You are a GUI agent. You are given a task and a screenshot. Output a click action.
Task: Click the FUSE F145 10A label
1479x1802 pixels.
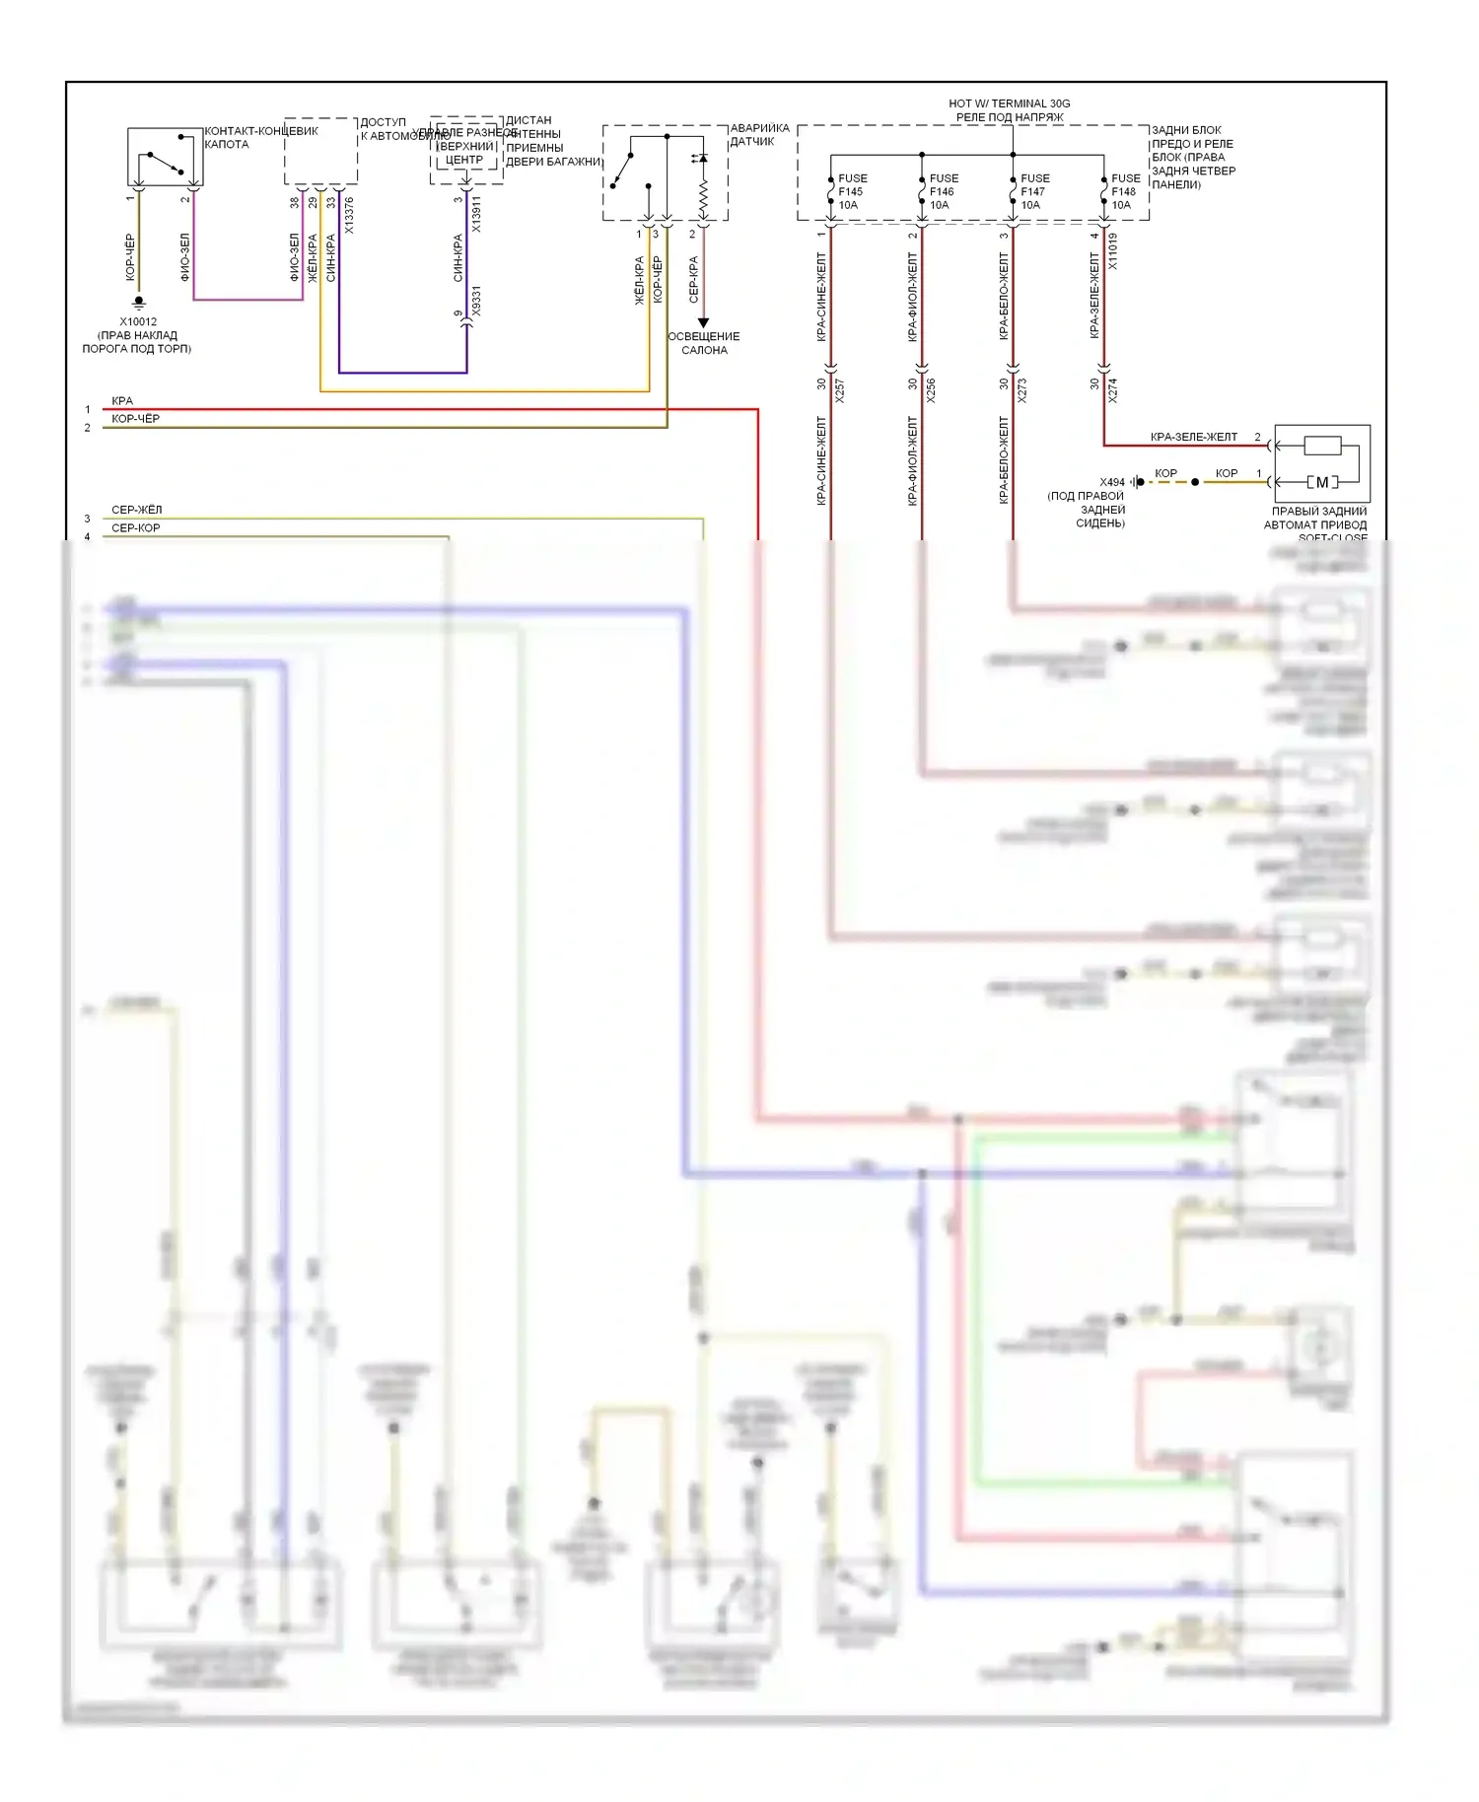852,191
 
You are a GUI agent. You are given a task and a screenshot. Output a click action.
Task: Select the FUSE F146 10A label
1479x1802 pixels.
943,191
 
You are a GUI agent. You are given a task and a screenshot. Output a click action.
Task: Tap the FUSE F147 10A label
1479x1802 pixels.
1034,191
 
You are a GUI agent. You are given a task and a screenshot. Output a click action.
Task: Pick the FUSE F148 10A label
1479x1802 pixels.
1125,191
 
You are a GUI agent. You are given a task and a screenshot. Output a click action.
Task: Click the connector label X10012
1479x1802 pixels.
138,321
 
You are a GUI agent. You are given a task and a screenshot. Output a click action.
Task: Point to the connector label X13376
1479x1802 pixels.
349,216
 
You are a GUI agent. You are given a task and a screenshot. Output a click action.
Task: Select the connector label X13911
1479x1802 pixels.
476,214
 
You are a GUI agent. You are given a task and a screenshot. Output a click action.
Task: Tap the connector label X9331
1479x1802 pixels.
476,302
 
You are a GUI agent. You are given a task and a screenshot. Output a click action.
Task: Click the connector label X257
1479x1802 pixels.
840,390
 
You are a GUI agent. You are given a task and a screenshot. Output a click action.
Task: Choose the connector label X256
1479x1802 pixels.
931,390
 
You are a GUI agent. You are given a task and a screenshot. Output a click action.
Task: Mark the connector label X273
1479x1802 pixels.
1021,390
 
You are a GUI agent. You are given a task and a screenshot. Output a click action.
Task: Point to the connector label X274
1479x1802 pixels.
1112,390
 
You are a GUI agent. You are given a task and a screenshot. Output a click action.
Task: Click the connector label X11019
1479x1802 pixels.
1113,250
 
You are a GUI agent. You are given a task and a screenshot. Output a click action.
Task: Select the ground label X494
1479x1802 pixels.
1112,482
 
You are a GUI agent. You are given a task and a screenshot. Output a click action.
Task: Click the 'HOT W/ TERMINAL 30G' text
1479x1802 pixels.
1009,104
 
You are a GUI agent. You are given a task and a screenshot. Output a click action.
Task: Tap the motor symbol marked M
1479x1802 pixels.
1322,482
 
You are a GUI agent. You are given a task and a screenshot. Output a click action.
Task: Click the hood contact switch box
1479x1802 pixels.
165,157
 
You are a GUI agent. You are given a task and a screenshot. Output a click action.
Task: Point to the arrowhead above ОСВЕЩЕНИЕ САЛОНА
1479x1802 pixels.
703,322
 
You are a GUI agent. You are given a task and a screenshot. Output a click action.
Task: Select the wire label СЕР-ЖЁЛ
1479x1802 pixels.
136,510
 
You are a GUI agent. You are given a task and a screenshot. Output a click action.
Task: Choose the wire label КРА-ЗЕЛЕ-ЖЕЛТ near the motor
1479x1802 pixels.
1193,437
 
